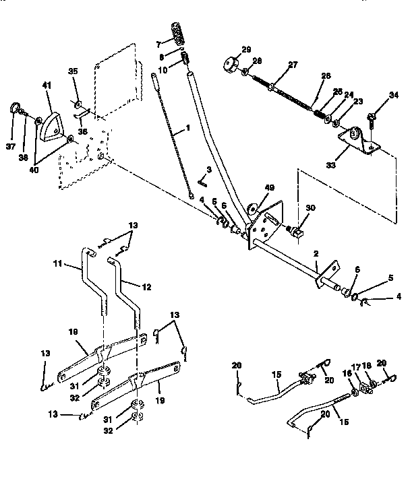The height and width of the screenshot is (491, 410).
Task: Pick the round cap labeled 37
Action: (x=13, y=108)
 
